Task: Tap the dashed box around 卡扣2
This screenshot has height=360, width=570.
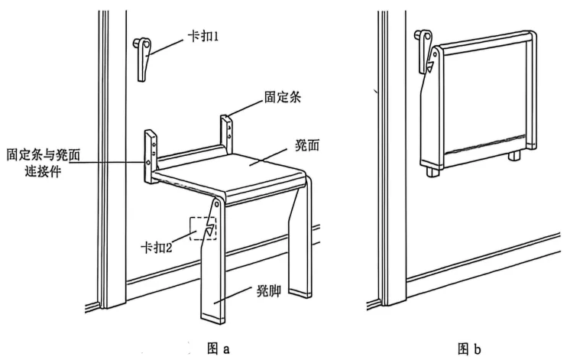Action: [x=203, y=228]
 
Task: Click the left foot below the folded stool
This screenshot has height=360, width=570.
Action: [x=432, y=170]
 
